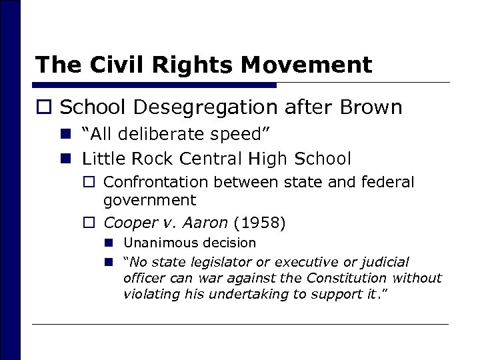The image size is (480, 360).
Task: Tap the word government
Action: point(150,199)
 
